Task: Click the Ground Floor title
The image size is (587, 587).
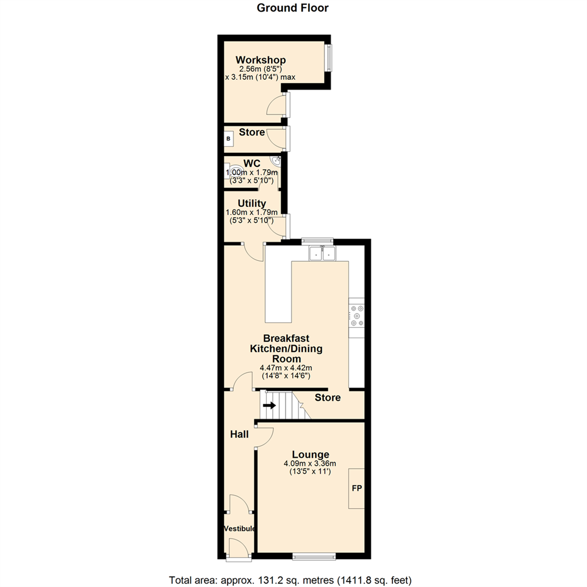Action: coord(292,8)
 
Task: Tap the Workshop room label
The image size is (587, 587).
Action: coord(260,60)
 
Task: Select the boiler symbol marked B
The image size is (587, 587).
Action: coord(228,139)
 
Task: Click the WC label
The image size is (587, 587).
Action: coord(252,163)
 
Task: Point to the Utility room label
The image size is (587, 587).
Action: coord(252,203)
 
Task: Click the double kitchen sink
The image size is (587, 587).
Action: coord(323,253)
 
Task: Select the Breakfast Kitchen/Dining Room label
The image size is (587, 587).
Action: coord(286,348)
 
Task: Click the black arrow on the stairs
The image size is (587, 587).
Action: coord(269,405)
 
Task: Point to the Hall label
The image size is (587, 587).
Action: coord(239,434)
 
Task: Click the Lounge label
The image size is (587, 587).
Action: coord(310,454)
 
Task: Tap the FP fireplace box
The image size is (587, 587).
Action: coord(357,489)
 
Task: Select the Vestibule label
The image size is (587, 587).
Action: coord(240,528)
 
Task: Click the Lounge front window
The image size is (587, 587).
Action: coord(314,556)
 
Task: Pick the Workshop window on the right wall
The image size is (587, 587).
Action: coord(329,57)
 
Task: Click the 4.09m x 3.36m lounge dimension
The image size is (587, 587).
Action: coord(310,464)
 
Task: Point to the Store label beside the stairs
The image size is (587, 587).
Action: coord(328,398)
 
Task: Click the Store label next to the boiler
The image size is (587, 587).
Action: coord(252,132)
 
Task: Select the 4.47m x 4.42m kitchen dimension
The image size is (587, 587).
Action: coord(286,368)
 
